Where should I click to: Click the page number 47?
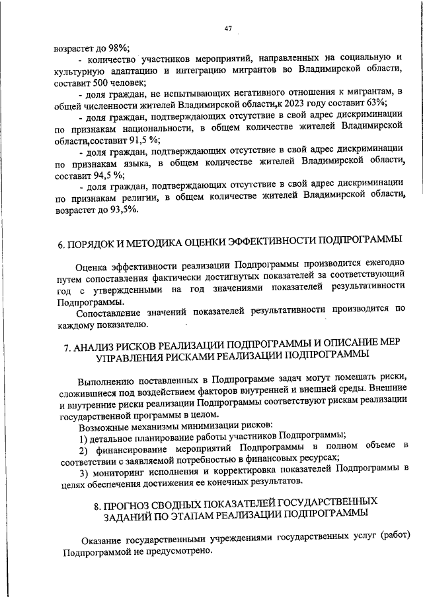228,28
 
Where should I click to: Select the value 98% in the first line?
117,48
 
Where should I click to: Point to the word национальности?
154,128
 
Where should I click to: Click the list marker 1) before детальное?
84,438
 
